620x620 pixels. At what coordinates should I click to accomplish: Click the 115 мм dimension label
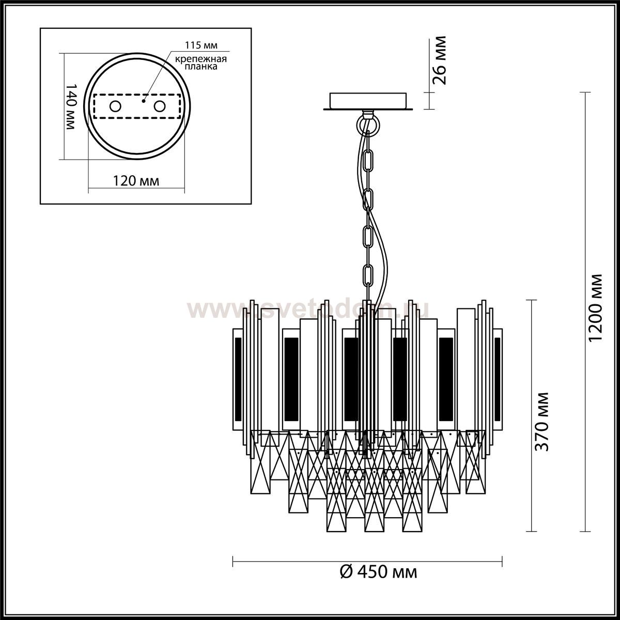coord(201,45)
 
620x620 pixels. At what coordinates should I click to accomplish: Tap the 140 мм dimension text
coord(70,107)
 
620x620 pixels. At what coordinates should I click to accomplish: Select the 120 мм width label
coord(136,181)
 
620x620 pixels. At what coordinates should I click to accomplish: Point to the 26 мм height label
coord(439,60)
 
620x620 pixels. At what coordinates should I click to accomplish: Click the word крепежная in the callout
coord(201,59)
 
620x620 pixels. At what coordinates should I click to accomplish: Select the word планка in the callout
coord(201,67)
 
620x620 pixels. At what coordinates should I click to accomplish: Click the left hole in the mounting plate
coord(115,106)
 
